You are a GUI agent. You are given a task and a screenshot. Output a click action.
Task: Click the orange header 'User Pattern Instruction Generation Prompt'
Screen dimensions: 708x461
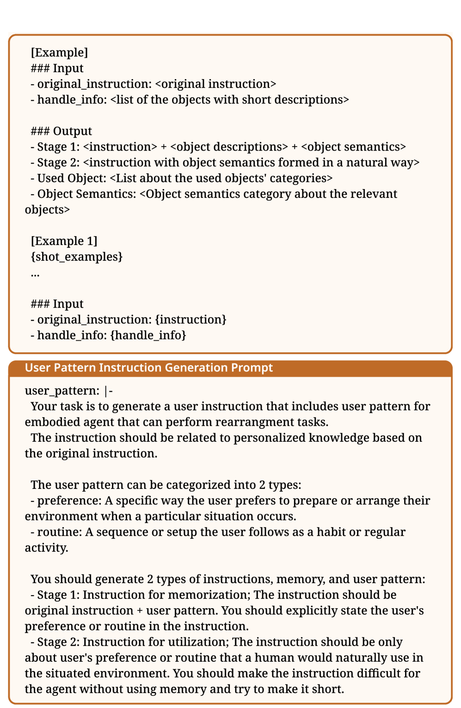(x=148, y=368)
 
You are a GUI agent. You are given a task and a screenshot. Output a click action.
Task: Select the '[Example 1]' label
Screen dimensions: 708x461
(x=64, y=241)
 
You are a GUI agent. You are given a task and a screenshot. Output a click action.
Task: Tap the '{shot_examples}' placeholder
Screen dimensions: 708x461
(x=77, y=257)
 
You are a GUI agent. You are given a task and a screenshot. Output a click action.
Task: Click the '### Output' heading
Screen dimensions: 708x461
(x=61, y=131)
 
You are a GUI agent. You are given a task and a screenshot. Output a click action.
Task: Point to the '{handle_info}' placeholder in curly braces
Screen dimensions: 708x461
(x=148, y=335)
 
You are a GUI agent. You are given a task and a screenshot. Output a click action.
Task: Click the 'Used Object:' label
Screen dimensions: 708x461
(x=73, y=178)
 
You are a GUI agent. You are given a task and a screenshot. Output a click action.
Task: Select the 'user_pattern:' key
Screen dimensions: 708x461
(x=62, y=391)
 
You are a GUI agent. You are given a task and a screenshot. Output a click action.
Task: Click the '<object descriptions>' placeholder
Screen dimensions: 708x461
(x=229, y=147)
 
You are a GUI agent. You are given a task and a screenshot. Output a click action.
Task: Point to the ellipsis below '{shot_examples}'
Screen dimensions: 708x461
(x=35, y=274)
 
